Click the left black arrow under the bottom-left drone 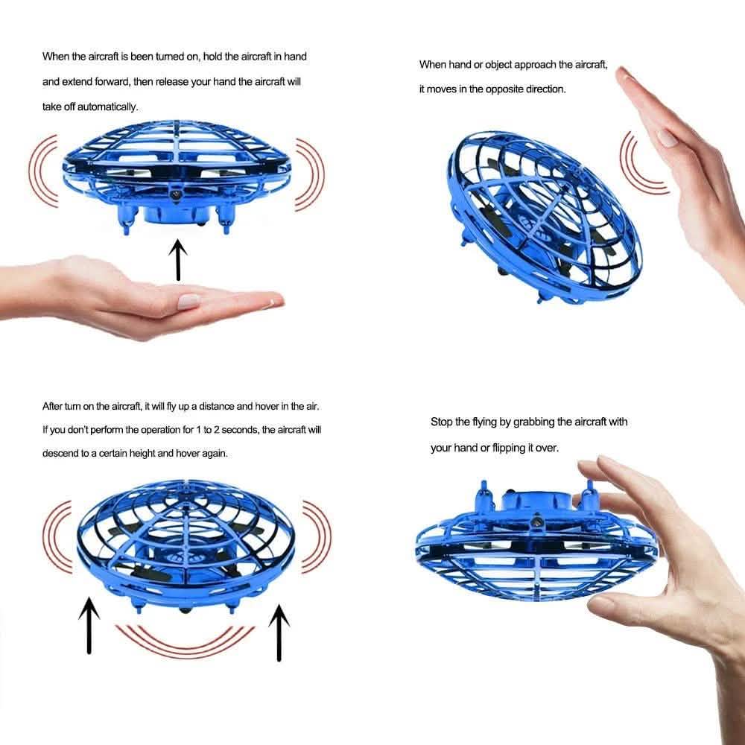pyautogui.click(x=89, y=624)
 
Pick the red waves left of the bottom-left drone pyautogui.click(x=57, y=533)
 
